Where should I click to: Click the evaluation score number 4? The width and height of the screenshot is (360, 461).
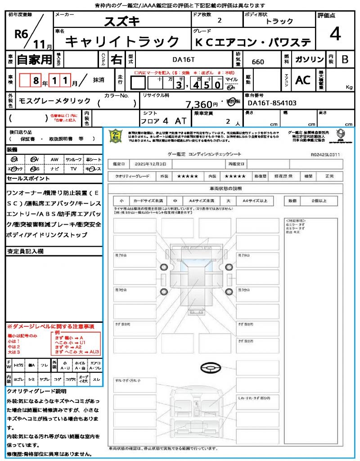point(334,34)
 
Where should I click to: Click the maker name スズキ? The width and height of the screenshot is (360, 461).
point(122,21)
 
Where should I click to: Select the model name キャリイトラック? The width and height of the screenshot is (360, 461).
point(122,42)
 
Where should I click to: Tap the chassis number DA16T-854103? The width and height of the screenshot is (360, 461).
point(272,103)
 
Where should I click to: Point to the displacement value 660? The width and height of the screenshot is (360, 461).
point(258,62)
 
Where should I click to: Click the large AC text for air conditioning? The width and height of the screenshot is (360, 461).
point(303,80)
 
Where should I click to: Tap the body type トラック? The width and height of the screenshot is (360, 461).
point(279,21)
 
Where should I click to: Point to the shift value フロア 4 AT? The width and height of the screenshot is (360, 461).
point(163,121)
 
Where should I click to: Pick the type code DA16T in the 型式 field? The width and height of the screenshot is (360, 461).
point(184,59)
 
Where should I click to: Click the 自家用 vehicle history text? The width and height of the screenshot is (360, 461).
point(34,59)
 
